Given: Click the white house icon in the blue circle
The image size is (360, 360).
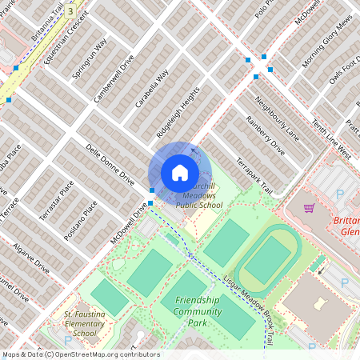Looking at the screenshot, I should click(x=180, y=172).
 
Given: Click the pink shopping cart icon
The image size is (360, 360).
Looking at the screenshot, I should click(x=309, y=209).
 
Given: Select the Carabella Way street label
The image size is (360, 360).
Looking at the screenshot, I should click(x=152, y=88).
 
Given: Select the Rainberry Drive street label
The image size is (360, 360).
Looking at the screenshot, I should click(x=266, y=136).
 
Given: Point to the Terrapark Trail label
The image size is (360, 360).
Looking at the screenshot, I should click(x=254, y=177).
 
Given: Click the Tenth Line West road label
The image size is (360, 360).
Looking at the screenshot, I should click(x=331, y=140).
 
